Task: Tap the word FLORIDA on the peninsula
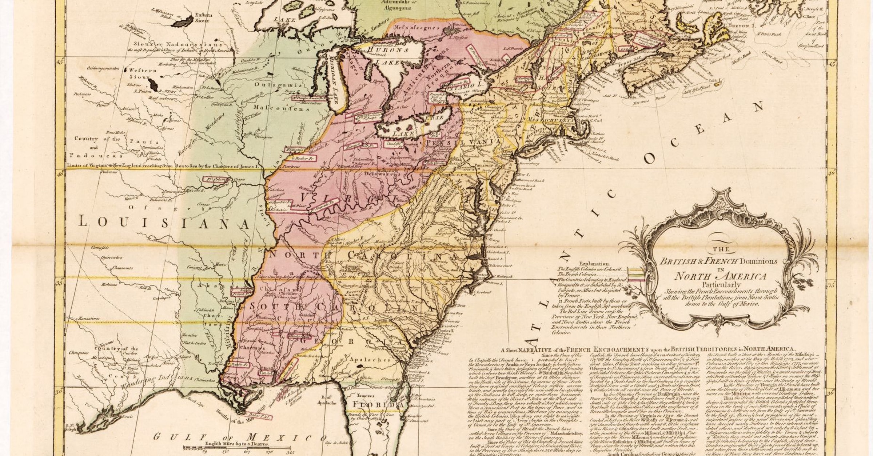pos(378,405)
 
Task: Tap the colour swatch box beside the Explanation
pos(637,275)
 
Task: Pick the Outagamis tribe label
pos(278,85)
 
